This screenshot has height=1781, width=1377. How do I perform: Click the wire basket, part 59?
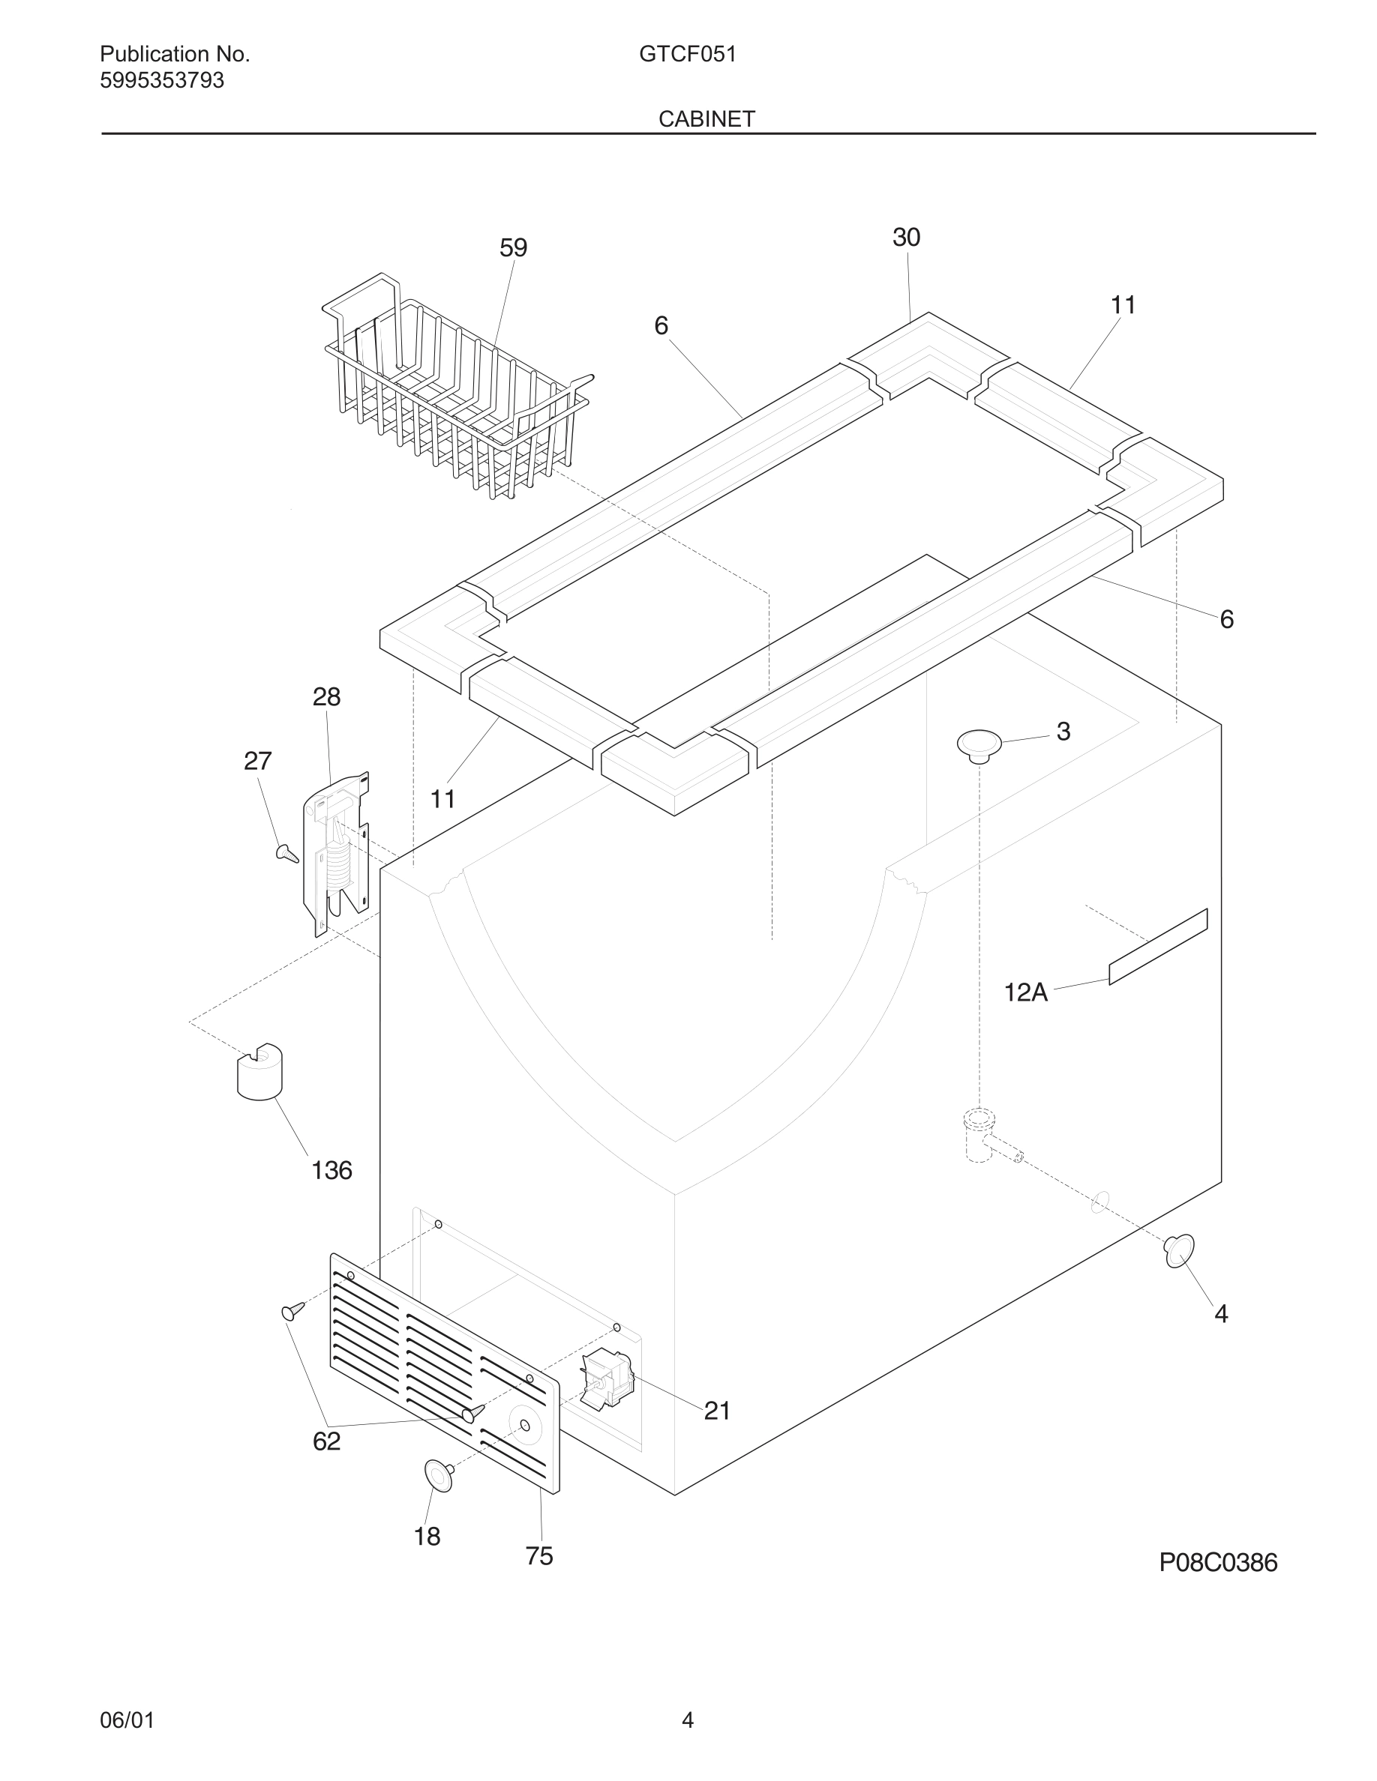[x=457, y=391]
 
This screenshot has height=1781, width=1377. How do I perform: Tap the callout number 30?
[x=906, y=238]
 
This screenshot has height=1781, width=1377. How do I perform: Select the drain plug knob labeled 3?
[x=979, y=745]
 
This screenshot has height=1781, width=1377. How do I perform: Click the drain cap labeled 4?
[x=1179, y=1251]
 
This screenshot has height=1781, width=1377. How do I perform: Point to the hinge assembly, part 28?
[x=336, y=852]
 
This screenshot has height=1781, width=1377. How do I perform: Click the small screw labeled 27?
[x=287, y=852]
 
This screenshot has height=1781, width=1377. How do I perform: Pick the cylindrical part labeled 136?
[x=259, y=1070]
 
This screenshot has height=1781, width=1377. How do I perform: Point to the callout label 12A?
[x=1025, y=992]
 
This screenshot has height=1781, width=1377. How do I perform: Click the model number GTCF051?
[x=688, y=54]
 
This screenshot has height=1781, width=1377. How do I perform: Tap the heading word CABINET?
[x=706, y=119]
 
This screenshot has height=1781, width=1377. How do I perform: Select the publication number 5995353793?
[x=161, y=81]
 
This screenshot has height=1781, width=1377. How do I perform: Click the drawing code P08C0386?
[x=1218, y=1562]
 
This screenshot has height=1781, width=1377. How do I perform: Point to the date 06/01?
[x=127, y=1720]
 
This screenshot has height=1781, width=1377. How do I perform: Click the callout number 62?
[x=326, y=1441]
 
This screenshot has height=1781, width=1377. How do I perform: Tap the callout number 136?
[x=331, y=1170]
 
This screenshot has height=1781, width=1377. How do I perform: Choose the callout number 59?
[x=513, y=248]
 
